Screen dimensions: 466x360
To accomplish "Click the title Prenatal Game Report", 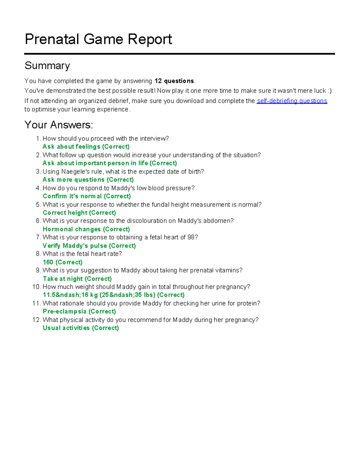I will tap(98, 39).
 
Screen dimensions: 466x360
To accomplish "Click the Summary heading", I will tap(47, 65).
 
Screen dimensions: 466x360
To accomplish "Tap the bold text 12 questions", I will tap(174, 81).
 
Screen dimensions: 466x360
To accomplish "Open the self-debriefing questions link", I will tap(292, 101).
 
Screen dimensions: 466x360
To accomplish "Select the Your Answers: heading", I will tap(58, 125).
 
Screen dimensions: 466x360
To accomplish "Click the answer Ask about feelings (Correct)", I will tap(86, 147).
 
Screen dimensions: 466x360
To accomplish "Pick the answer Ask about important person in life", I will tap(109, 163).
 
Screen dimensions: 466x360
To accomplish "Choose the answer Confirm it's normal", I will tap(87, 196).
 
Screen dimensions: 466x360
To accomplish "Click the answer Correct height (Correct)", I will tap(79, 213).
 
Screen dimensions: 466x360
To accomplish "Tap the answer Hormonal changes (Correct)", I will tap(86, 229).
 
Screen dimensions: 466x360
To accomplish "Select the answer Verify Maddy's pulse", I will tap(89, 246).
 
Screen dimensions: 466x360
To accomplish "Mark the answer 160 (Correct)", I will tap(62, 262).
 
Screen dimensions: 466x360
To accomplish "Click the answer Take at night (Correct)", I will tap(77, 279).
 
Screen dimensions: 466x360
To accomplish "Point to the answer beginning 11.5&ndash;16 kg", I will tap(113, 295).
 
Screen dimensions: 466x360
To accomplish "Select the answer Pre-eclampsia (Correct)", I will tap(79, 311).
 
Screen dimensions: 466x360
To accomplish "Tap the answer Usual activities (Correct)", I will tap(81, 328).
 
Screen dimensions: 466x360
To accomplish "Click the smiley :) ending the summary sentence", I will tap(329, 91).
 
